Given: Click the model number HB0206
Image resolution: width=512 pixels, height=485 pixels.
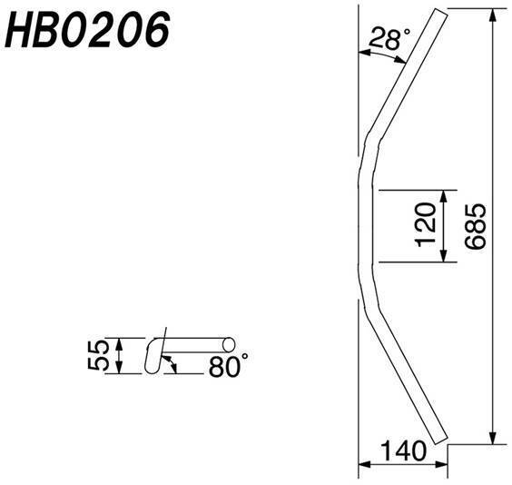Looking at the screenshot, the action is pyautogui.click(x=87, y=30).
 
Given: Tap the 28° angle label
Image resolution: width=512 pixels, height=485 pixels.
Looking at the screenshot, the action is pyautogui.click(x=389, y=38).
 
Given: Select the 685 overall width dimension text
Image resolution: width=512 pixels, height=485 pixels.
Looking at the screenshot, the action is pyautogui.click(x=476, y=227).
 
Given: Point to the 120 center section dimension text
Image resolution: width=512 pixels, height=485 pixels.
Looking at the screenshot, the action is pyautogui.click(x=426, y=224).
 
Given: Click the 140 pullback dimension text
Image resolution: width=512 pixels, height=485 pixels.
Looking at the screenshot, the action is pyautogui.click(x=404, y=451).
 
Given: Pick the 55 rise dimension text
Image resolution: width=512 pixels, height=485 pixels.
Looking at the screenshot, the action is pyautogui.click(x=98, y=355).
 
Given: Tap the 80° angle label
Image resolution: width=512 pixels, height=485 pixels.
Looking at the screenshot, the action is pyautogui.click(x=228, y=366).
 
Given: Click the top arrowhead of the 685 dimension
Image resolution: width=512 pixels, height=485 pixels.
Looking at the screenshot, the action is pyautogui.click(x=493, y=15).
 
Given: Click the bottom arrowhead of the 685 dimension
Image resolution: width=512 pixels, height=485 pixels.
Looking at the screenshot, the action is pyautogui.click(x=493, y=438).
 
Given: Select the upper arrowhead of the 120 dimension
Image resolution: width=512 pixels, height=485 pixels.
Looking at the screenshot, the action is pyautogui.click(x=443, y=196).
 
